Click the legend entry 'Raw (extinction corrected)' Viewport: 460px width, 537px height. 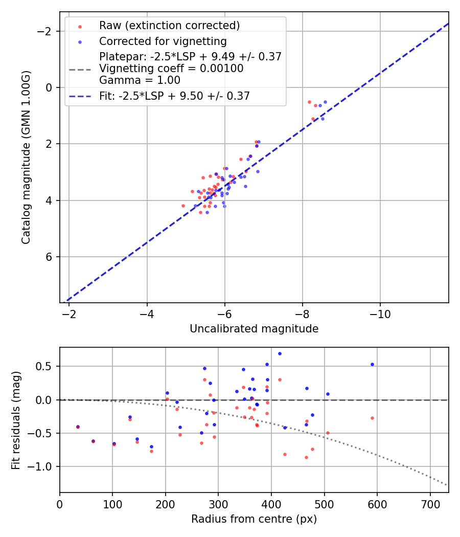tap(169, 26)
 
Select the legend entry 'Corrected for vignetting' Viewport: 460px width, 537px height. tap(163, 41)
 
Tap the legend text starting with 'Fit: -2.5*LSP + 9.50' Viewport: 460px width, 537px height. tap(174, 96)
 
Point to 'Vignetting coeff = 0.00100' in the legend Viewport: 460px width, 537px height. tap(171, 69)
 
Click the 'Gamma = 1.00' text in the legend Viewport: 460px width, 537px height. tap(140, 80)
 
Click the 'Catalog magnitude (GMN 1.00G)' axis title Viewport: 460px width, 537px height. tap(26, 157)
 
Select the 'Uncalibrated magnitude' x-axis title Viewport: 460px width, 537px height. tap(254, 329)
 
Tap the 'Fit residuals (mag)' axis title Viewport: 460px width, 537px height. tap(16, 419)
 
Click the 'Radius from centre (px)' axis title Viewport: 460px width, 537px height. tap(254, 519)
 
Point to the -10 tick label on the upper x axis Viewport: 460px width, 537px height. tap(380, 314)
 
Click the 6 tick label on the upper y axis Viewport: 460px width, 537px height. tap(50, 257)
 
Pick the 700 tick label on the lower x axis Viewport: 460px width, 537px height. tap(430, 504)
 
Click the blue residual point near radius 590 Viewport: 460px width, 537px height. tap(372, 364)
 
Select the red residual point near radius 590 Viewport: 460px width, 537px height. tap(372, 418)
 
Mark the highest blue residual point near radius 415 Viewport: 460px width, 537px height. tap(280, 353)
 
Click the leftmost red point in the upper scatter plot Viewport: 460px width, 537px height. tap(183, 206)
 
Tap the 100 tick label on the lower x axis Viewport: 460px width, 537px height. tap(112, 504)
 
